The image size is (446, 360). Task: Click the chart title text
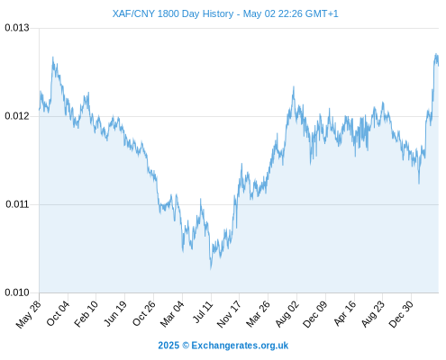pos(225,13)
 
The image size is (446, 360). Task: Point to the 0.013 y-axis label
pos(17,28)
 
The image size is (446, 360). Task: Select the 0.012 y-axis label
pos(17,116)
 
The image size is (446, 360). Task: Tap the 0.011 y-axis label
pos(17,204)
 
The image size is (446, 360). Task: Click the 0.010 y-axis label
pos(17,292)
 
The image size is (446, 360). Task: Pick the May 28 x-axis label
pos(29,314)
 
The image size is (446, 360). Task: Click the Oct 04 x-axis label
pos(58,313)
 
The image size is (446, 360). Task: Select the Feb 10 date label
pos(86,314)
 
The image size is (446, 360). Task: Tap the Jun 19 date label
pos(114,313)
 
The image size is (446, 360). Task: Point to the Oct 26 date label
pos(143,313)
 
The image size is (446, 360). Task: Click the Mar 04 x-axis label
pos(172,314)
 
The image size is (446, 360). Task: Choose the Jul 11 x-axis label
pos(203,312)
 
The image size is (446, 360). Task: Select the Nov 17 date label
pos(229,314)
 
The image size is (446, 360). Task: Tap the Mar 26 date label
pos(258,314)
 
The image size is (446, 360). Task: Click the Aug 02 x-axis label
pos(287,314)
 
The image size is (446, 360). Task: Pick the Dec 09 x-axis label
pos(314,314)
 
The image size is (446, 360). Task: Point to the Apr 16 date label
pos(344,313)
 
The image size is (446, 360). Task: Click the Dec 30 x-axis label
pos(401,314)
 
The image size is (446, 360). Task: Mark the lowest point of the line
pos(211,268)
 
